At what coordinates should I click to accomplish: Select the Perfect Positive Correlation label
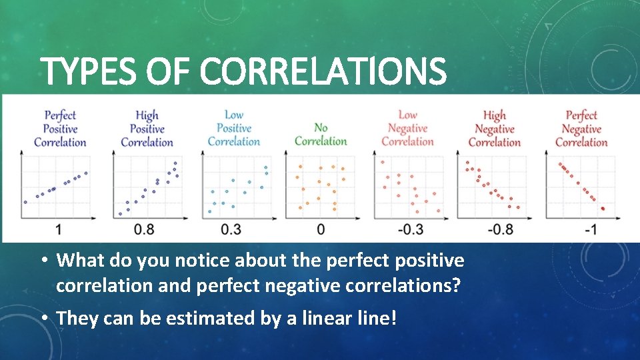click(60, 129)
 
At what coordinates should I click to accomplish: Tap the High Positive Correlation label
click(147, 129)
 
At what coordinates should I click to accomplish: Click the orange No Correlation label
click(321, 134)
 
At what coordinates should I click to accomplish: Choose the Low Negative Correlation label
click(407, 128)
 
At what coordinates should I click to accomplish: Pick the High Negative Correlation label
click(494, 129)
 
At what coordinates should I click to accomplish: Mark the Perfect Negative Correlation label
click(581, 129)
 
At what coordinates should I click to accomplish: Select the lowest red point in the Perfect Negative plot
click(603, 209)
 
